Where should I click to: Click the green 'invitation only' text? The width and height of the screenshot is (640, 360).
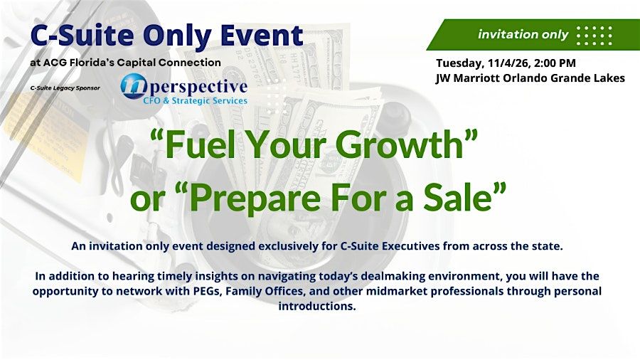523,34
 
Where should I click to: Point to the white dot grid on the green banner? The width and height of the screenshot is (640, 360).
594,36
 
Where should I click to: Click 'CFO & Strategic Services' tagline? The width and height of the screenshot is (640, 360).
195,100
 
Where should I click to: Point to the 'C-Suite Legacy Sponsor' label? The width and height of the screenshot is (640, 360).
65,88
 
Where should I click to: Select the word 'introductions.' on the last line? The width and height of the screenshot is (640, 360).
317,306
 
